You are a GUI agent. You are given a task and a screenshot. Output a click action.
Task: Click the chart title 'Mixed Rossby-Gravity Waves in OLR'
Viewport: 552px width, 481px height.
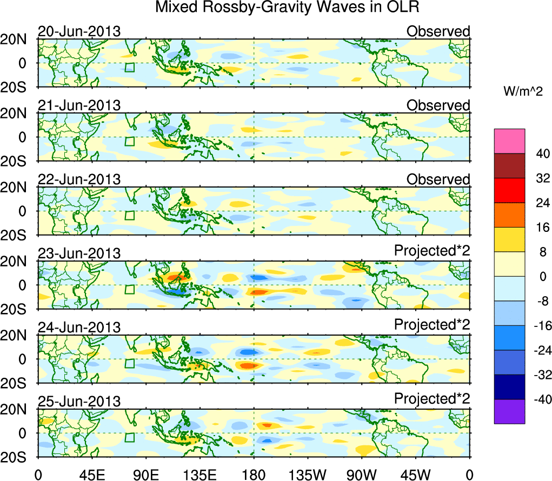coord(288,8)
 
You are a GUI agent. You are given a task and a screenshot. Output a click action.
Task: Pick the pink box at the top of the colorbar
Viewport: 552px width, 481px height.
coord(509,141)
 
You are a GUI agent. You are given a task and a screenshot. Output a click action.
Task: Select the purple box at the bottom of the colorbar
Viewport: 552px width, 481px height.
coord(509,411)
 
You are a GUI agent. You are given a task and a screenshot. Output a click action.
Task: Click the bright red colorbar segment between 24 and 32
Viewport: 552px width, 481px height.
coord(509,190)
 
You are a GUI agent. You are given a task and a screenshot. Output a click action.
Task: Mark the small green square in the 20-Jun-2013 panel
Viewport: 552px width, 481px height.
coord(129,67)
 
